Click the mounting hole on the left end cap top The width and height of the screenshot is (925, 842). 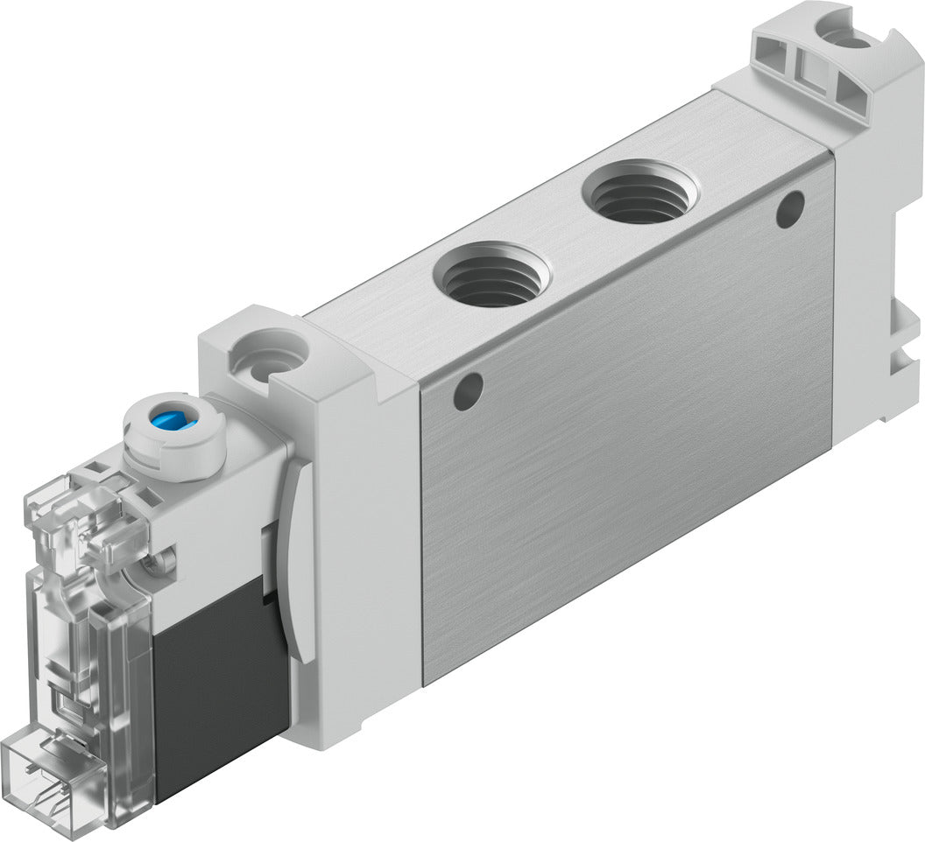(x=268, y=357)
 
